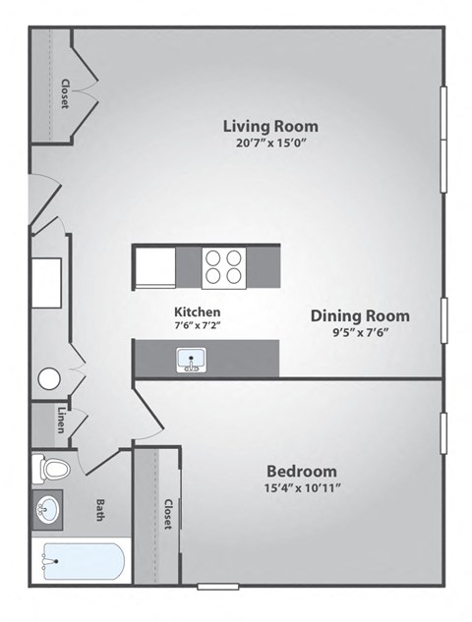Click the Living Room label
270,126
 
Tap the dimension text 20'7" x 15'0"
270,144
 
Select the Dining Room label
360,315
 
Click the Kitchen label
198,311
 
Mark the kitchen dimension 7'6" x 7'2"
198,326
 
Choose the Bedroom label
302,471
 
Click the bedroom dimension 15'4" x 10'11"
302,487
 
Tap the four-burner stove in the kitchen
223,266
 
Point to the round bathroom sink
47,510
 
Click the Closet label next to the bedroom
168,515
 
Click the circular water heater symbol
49,379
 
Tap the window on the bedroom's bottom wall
217,587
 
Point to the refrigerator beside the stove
154,266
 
